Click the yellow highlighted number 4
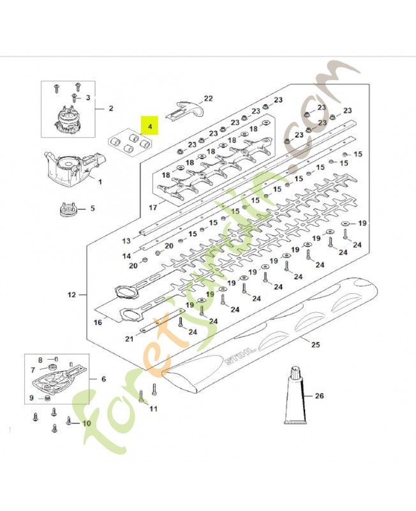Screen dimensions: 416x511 (x=150, y=126)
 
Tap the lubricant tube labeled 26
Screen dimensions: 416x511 (x=295, y=395)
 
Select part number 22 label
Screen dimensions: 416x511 (x=208, y=98)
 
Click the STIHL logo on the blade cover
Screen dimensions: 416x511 (x=240, y=356)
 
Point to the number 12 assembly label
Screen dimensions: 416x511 (x=71, y=294)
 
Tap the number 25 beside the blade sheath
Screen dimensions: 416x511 (x=315, y=344)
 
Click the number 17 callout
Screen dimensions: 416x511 (x=153, y=207)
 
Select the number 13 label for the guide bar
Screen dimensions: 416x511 (x=126, y=241)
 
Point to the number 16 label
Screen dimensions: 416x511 (x=98, y=323)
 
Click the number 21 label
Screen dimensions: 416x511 (x=130, y=339)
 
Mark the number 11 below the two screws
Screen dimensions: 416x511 (x=153, y=408)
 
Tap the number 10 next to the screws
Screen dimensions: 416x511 (x=86, y=423)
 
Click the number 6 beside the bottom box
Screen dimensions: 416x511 (x=103, y=379)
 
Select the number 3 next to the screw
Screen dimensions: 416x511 (x=88, y=98)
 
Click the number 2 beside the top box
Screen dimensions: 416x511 (x=110, y=108)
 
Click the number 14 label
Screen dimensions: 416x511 (x=126, y=256)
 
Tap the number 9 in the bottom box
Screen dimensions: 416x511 (x=31, y=397)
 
